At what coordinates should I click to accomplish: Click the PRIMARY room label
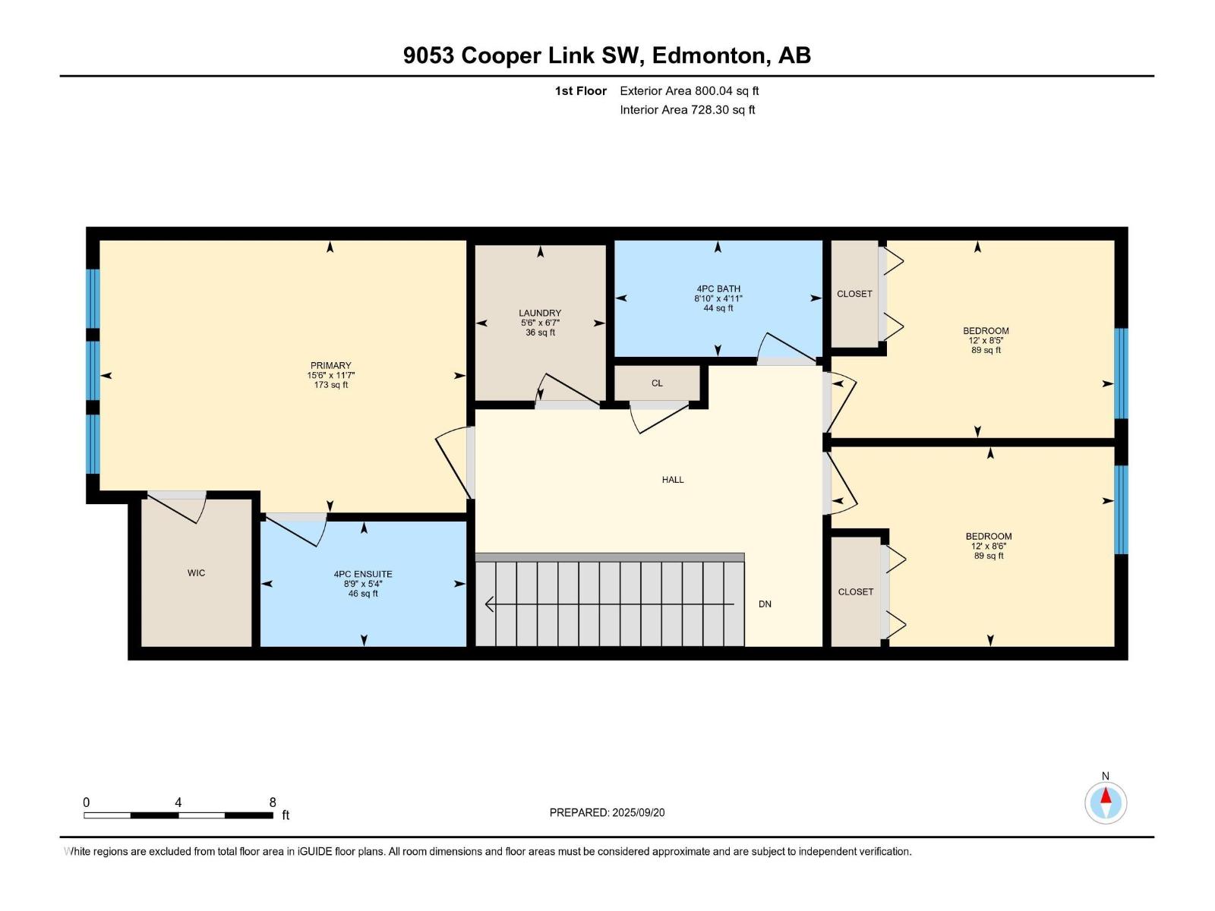[x=330, y=365]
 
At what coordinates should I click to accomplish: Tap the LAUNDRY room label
[x=540, y=313]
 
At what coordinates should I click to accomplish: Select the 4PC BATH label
[x=718, y=288]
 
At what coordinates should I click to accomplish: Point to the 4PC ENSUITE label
[x=362, y=574]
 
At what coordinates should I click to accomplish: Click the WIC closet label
[x=196, y=573]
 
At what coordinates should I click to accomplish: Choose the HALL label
[x=673, y=480]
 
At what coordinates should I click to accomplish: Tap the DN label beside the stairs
[x=765, y=604]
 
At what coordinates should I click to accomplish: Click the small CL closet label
[x=657, y=383]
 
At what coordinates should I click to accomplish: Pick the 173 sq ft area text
[x=330, y=385]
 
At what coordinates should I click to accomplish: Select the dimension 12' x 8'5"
[x=986, y=341]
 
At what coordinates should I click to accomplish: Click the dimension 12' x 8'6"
[x=988, y=546]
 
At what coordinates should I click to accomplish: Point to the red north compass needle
[x=1106, y=796]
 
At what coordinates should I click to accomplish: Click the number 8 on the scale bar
[x=273, y=802]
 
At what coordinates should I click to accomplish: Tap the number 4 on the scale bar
[x=178, y=802]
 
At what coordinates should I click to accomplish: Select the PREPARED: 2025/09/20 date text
[x=607, y=812]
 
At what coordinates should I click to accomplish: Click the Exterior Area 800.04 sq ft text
[x=690, y=90]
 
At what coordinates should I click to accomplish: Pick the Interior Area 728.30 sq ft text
[x=687, y=109]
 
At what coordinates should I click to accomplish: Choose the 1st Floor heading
[x=581, y=90]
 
